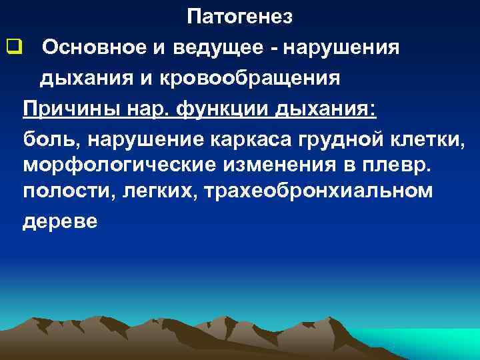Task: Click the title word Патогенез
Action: (x=239, y=17)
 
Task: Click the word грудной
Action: (x=343, y=139)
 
